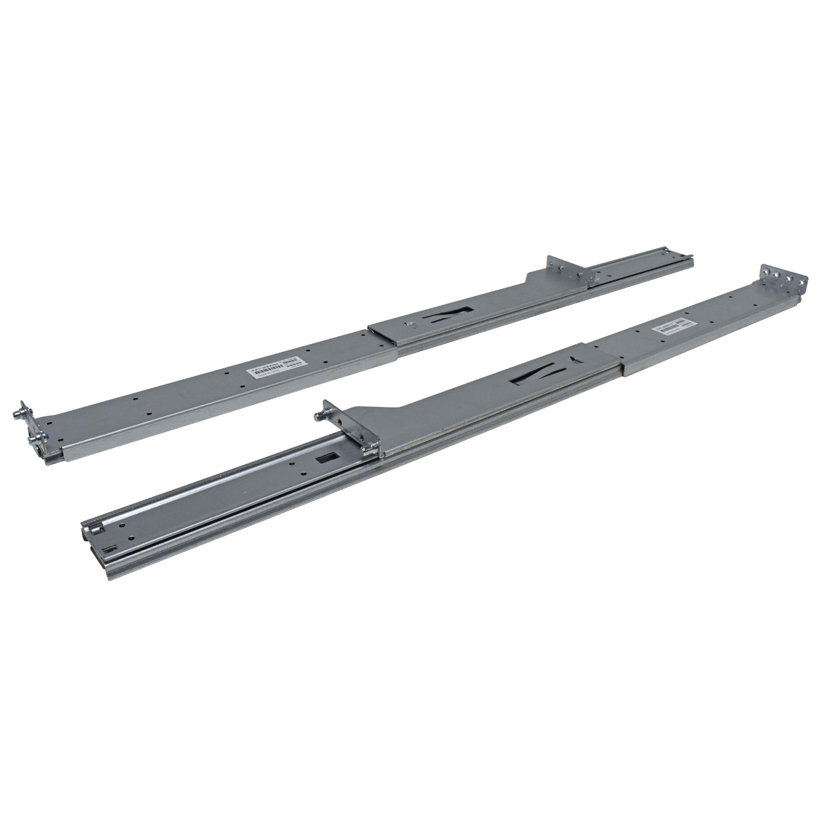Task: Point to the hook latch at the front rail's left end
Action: pyautogui.click(x=94, y=530)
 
